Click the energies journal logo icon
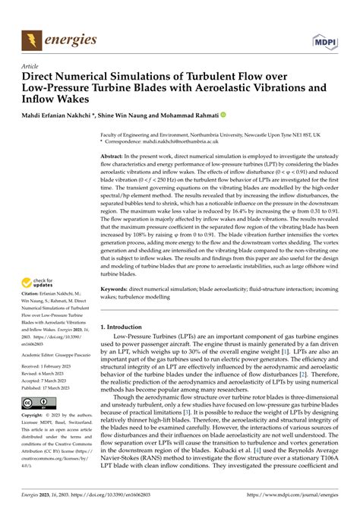click(33, 37)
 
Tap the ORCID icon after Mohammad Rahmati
click(223, 115)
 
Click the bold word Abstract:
click(115, 155)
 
